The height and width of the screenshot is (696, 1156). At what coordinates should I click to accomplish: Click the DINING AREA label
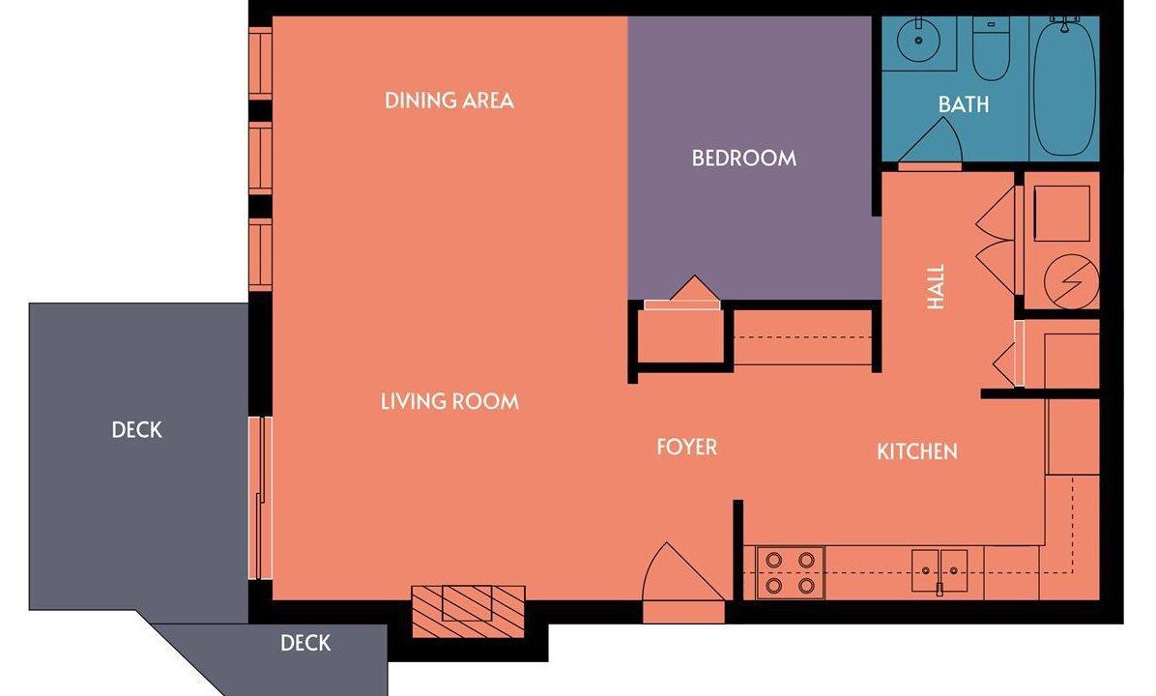449,101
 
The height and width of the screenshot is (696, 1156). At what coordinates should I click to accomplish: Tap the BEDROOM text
744,158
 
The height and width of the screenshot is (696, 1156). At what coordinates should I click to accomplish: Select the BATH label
964,104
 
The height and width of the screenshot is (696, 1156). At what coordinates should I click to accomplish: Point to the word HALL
936,287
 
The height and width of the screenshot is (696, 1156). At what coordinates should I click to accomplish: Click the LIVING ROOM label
449,402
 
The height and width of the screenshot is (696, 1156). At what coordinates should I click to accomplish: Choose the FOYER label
686,447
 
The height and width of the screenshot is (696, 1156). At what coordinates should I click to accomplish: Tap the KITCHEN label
917,451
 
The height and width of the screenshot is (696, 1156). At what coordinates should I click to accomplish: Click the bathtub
1064,87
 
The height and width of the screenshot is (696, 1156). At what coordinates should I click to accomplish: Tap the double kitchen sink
939,570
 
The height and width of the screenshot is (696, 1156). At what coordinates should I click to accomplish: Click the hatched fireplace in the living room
468,611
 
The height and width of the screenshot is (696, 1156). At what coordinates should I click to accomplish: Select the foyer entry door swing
683,573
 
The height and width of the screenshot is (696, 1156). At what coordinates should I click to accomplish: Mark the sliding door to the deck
260,498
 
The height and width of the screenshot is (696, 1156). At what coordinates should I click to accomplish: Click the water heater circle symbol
1071,281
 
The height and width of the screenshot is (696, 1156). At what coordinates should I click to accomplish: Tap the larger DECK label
136,430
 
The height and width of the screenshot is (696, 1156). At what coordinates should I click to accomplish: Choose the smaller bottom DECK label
305,643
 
